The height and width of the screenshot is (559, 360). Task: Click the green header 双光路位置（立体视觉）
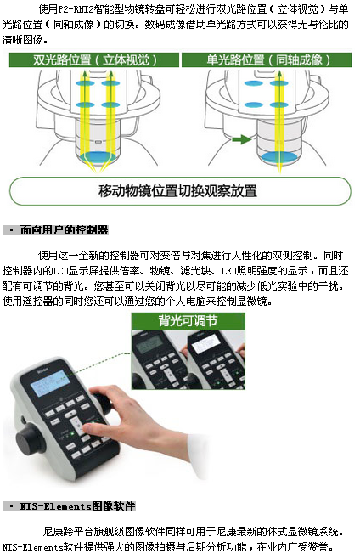click(x=94, y=59)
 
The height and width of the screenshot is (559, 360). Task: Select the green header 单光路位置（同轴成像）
click(x=267, y=59)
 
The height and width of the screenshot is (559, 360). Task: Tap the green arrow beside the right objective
click(x=242, y=139)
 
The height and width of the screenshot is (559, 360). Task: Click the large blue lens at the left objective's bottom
click(x=97, y=156)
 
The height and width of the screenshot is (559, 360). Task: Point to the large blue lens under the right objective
click(x=279, y=157)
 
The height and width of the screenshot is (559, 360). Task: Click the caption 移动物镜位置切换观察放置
click(x=177, y=191)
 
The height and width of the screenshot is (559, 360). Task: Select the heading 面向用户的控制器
click(x=65, y=230)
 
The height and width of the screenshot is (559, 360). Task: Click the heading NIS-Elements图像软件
click(x=78, y=506)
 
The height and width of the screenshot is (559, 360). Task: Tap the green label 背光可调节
click(x=188, y=321)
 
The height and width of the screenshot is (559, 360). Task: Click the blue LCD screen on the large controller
click(x=50, y=383)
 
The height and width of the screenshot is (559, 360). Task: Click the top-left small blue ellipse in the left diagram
click(x=85, y=84)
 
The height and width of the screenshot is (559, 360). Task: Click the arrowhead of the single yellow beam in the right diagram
click(x=279, y=74)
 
